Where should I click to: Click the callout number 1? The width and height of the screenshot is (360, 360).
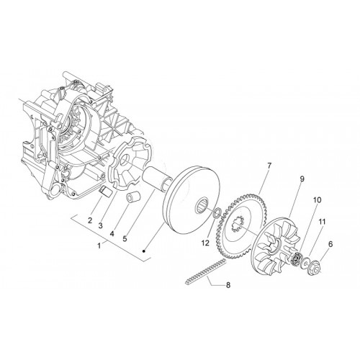pos(99,246)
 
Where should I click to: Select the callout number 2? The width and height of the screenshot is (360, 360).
pos(90,220)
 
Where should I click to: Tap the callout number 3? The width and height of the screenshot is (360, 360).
pos(100,225)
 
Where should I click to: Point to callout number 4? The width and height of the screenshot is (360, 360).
pos(112,233)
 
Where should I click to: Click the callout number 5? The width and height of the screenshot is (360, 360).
pos(125,238)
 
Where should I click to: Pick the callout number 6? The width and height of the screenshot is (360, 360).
pos(330,244)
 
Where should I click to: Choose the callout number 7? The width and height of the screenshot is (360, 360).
pos(269,166)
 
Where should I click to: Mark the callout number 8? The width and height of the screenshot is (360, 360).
pos(228,285)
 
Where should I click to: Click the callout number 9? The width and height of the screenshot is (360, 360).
pos(302,179)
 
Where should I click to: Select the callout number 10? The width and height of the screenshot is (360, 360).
pos(318,200)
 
